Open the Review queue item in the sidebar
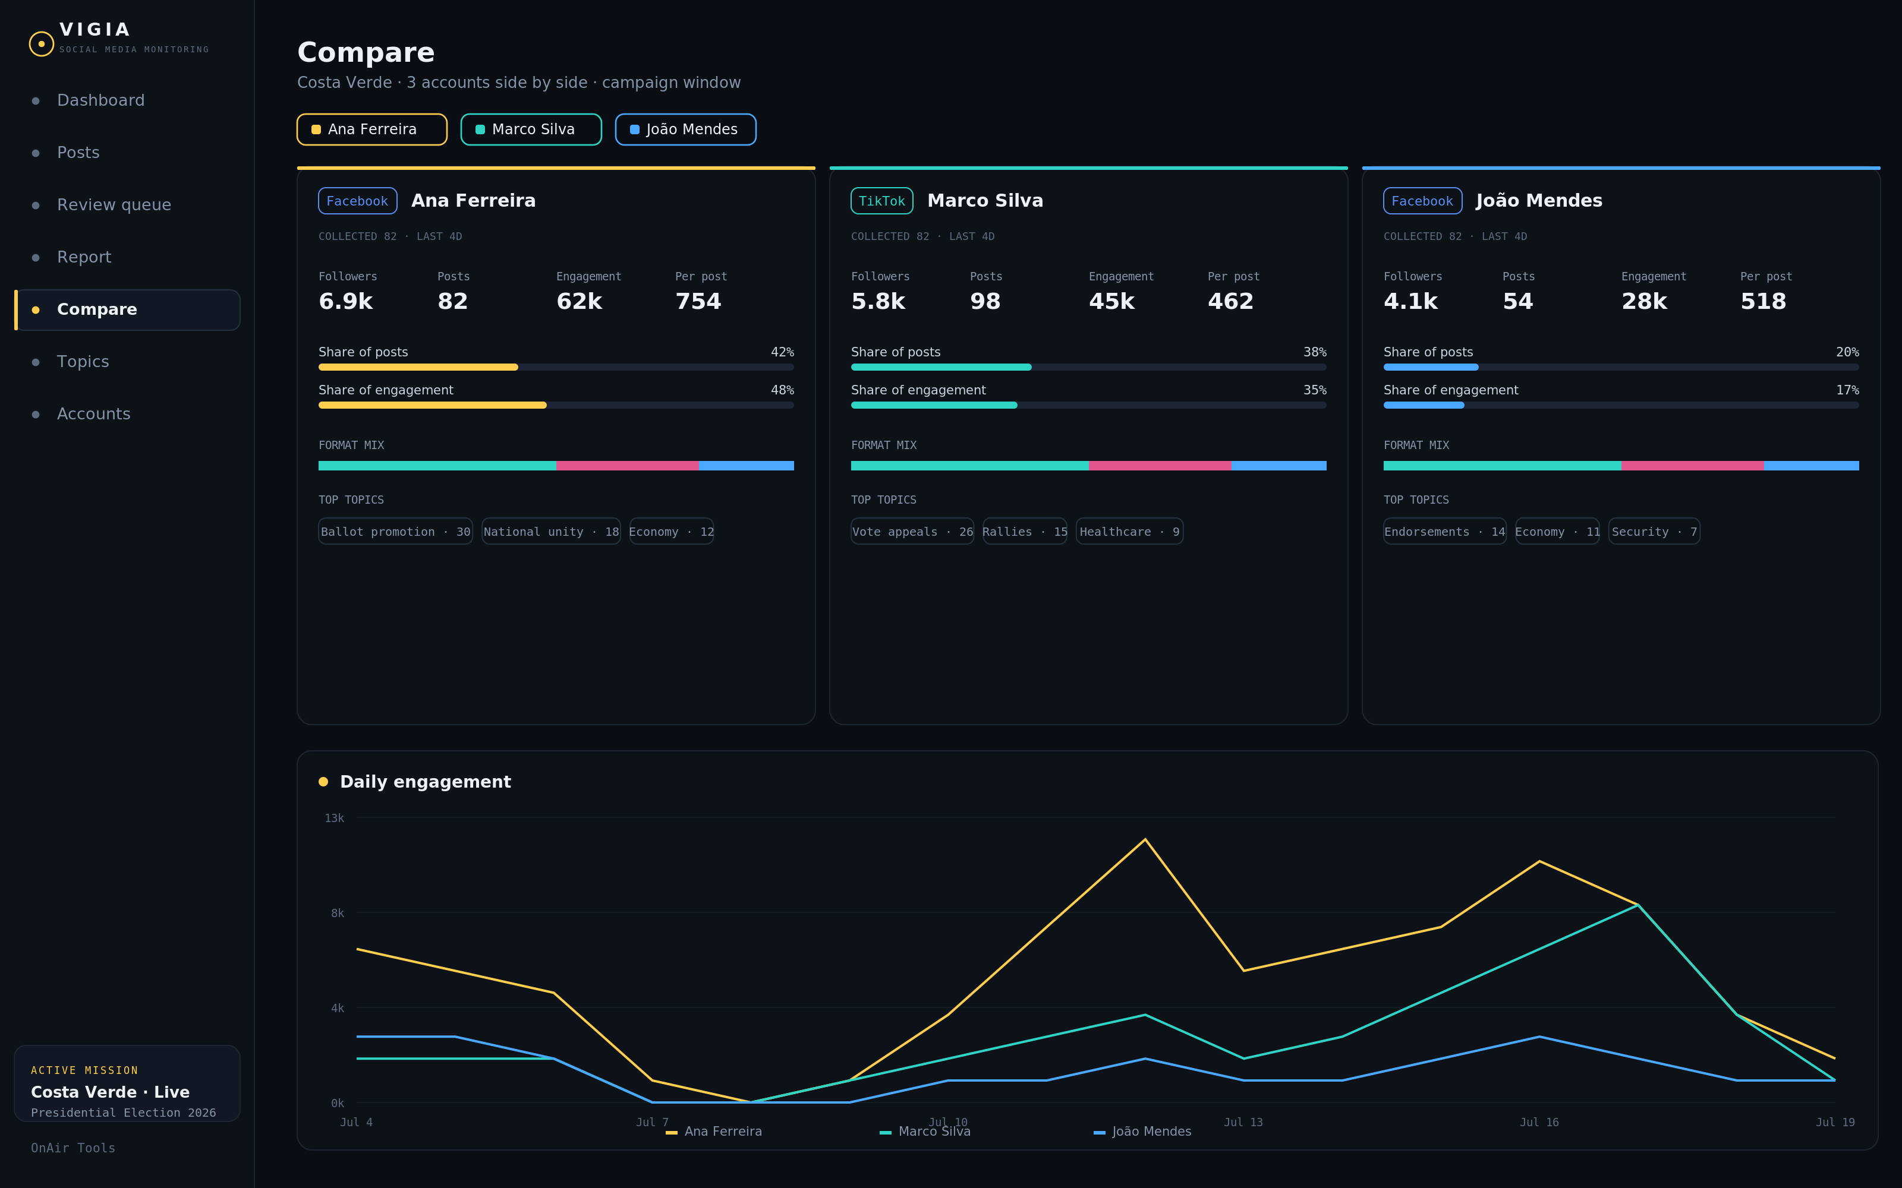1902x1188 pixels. pos(114,205)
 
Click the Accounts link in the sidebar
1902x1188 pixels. pos(93,414)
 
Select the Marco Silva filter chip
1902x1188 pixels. pos(531,129)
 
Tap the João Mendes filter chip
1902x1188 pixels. pos(685,129)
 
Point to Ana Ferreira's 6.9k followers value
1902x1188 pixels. pos(346,301)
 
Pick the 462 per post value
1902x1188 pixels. pos(1231,301)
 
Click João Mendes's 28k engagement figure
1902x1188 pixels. pos(1644,301)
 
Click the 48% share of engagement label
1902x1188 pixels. pos(782,390)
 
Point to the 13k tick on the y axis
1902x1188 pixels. pos(334,818)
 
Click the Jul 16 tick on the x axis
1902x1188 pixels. pos(1539,1122)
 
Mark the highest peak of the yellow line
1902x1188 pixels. pos(1145,839)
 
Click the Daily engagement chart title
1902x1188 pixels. pos(425,782)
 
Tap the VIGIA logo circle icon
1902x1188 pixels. pos(42,44)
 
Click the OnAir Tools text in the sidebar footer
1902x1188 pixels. pos(73,1148)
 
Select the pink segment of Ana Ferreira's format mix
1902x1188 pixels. pos(627,466)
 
